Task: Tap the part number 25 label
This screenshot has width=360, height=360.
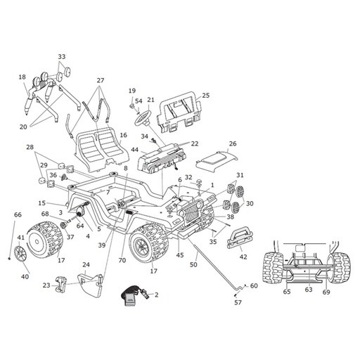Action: [x=205, y=96]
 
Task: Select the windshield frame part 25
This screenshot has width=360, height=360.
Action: [x=181, y=110]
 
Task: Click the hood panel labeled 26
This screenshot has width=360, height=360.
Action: [x=217, y=160]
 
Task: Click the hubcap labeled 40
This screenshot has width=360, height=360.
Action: [x=20, y=254]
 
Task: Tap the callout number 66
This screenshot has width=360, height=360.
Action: [x=18, y=214]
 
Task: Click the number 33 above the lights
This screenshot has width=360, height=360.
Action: [x=62, y=57]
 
